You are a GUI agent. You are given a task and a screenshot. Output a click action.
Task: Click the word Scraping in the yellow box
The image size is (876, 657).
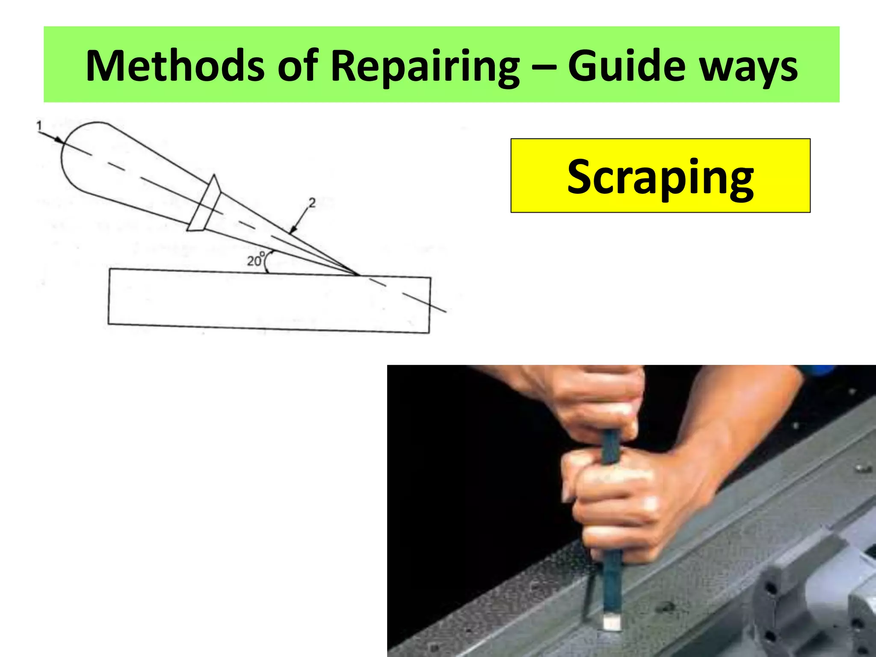coord(660,176)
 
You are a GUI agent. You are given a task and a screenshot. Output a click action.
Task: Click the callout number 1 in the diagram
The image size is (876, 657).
coord(39,126)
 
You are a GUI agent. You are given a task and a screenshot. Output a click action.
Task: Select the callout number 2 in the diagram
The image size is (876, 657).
coord(312,202)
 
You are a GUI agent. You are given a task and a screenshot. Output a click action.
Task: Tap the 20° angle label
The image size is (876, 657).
coord(255,260)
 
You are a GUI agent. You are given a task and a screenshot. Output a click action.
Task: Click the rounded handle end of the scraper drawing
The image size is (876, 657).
coord(77,154)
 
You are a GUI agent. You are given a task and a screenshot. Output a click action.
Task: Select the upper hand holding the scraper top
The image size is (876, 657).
coord(599,402)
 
